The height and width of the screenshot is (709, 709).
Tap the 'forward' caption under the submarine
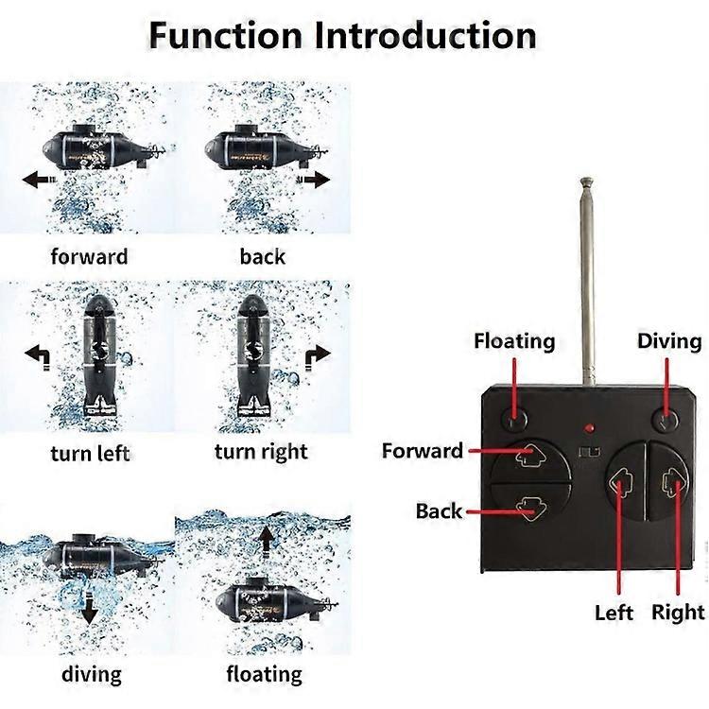click(x=89, y=256)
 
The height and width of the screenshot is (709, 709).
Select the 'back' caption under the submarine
click(x=262, y=256)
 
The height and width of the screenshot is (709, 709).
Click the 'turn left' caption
click(x=90, y=452)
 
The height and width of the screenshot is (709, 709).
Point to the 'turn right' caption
click(x=261, y=451)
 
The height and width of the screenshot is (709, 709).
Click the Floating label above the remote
click(x=514, y=341)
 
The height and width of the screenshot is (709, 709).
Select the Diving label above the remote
click(x=669, y=340)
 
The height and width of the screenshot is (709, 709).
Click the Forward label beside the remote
click(x=423, y=451)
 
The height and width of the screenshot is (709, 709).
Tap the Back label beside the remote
click(x=439, y=511)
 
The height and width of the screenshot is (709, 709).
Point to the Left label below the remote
click(x=614, y=613)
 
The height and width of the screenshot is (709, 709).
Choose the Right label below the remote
click(x=678, y=612)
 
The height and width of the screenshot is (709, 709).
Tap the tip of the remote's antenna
click(x=586, y=179)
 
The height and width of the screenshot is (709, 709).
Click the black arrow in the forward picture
click(x=39, y=180)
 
